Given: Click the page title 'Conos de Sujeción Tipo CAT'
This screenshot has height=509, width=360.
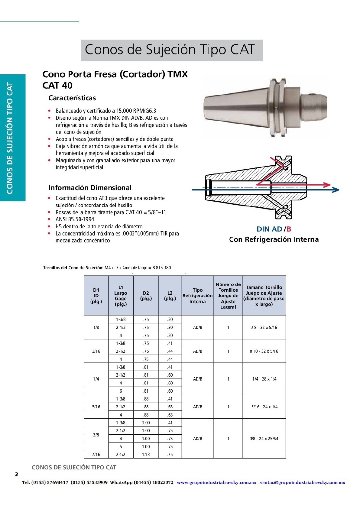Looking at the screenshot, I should tap(170, 50).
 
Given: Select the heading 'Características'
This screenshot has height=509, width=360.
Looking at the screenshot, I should tap(72, 98).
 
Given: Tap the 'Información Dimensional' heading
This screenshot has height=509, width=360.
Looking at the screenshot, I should tap(90, 188).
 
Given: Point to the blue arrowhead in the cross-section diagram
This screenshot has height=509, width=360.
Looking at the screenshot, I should tap(335, 190).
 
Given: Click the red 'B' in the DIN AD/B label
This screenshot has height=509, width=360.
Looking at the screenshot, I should tap(289, 229).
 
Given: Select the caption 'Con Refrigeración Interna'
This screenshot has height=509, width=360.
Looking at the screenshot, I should tap(274, 239).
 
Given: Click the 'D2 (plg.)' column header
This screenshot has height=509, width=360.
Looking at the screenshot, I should tap(146, 296).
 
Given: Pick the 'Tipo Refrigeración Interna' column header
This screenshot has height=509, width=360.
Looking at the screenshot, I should tap(197, 296).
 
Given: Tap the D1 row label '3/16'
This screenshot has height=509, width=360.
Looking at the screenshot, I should tap(96, 351).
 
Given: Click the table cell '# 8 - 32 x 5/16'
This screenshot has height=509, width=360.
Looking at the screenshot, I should tap(264, 327).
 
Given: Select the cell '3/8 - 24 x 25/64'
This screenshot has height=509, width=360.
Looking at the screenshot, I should tap(264, 439).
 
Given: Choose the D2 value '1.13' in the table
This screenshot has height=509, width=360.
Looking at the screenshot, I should tap(146, 455).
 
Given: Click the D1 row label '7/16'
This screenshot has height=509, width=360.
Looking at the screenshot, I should tap(96, 455).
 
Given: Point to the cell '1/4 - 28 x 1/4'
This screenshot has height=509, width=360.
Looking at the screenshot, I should tap(264, 379).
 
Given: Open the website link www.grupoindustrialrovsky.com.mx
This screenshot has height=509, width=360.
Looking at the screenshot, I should tap(216, 482).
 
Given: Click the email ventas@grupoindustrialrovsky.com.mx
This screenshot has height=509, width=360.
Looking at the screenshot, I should tap(302, 482).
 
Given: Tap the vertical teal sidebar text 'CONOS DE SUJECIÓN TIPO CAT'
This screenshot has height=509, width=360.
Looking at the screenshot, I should tap(10, 138).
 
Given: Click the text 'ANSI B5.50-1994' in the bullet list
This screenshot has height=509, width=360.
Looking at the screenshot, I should tap(75, 219).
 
